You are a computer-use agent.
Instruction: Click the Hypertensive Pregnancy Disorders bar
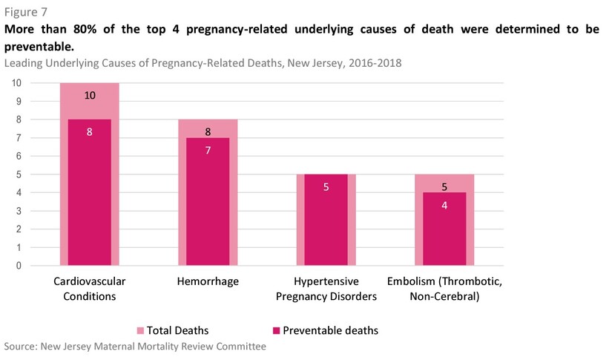tap(326, 223)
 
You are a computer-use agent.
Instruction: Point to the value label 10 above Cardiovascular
tap(89, 95)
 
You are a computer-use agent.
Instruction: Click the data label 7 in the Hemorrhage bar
tap(208, 150)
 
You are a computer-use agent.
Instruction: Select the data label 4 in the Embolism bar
tap(444, 205)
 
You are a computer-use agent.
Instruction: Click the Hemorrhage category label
tap(208, 282)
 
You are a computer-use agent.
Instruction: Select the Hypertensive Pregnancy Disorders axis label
tap(326, 289)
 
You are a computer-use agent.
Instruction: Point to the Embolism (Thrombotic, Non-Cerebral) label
tap(444, 289)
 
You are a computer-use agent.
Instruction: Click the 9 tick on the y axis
tap(16, 101)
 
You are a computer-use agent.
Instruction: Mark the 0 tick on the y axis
tap(16, 266)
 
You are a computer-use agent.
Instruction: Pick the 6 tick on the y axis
tap(16, 156)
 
